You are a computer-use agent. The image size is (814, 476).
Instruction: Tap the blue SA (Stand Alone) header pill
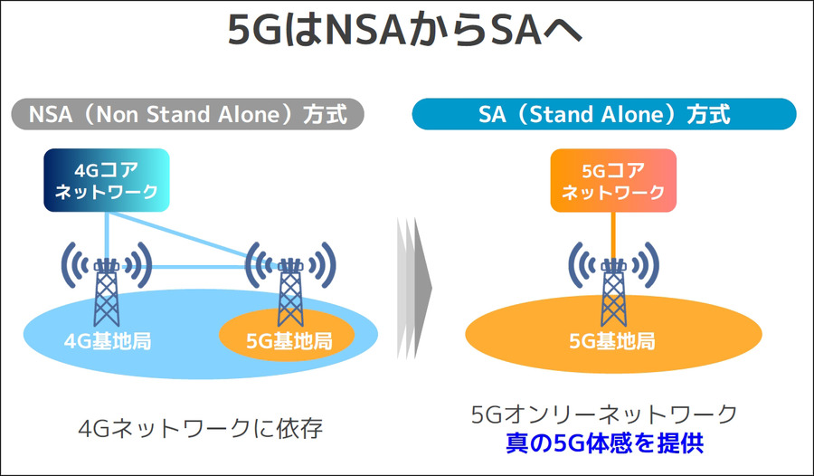[x=604, y=115]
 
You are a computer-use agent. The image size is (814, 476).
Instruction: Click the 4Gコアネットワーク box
[x=107, y=180]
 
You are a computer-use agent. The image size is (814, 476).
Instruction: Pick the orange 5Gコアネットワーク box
[x=613, y=179]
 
